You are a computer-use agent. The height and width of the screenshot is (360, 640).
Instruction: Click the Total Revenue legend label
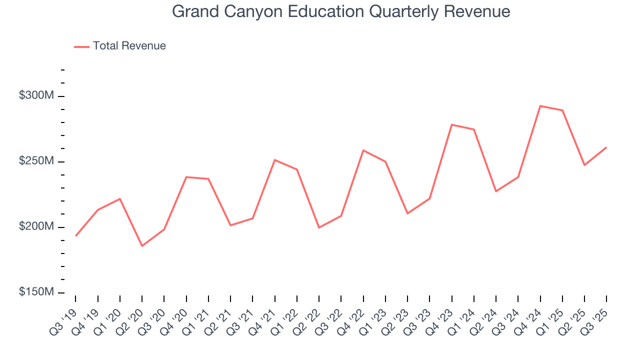[129, 46]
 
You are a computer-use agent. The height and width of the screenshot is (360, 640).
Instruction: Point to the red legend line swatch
[81, 46]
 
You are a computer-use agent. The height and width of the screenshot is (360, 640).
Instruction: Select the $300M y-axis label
[36, 95]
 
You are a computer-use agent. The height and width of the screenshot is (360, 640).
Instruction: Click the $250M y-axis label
[36, 161]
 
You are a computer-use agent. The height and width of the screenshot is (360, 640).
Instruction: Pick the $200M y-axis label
[36, 226]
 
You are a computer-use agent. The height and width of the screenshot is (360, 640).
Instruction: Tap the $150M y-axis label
[36, 292]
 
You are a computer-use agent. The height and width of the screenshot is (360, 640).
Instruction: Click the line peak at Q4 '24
[540, 106]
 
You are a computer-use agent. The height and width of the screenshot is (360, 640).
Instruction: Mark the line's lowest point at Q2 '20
[142, 246]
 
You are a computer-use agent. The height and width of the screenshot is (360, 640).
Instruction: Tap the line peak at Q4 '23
[451, 124]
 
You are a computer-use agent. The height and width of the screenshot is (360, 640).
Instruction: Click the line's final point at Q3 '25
[606, 147]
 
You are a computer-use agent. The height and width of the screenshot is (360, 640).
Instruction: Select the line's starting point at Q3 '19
[75, 235]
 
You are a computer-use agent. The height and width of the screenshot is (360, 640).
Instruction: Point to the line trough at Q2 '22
[319, 227]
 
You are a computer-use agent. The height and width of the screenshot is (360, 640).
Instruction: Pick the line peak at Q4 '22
[363, 150]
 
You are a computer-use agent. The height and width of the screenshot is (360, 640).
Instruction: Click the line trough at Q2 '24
[496, 191]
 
